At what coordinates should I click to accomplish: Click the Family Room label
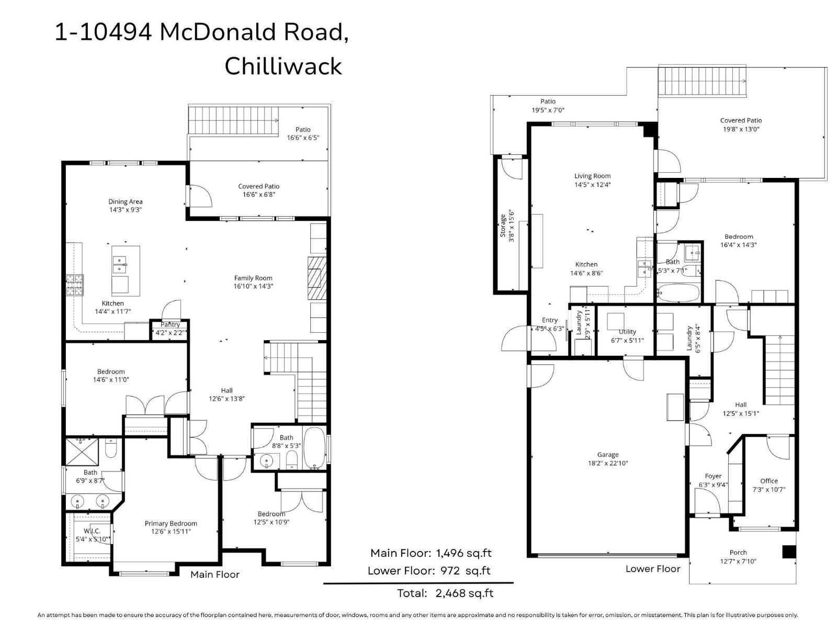pyautogui.click(x=253, y=278)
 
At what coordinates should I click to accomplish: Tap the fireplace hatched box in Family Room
pyautogui.click(x=316, y=278)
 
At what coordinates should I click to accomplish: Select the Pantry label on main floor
pyautogui.click(x=170, y=324)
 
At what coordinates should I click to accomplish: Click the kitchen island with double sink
pyautogui.click(x=126, y=270)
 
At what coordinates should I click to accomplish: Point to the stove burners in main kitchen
pyautogui.click(x=74, y=285)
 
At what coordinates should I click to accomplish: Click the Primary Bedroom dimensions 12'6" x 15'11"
pyautogui.click(x=171, y=531)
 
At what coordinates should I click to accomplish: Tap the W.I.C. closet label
pyautogui.click(x=92, y=531)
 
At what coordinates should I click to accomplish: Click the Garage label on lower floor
pyautogui.click(x=607, y=455)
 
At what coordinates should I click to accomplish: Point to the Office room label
pyautogui.click(x=768, y=481)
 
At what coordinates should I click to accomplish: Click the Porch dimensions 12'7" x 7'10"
pyautogui.click(x=738, y=561)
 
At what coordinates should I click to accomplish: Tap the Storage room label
pyautogui.click(x=503, y=226)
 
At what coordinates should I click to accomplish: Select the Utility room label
pyautogui.click(x=627, y=331)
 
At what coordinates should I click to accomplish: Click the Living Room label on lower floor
pyautogui.click(x=592, y=176)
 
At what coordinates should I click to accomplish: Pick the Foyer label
pyautogui.click(x=713, y=476)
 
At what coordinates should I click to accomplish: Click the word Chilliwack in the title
pyautogui.click(x=283, y=66)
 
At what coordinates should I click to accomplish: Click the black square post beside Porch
pyautogui.click(x=788, y=552)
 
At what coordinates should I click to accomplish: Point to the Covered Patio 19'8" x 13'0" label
pyautogui.click(x=741, y=120)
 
